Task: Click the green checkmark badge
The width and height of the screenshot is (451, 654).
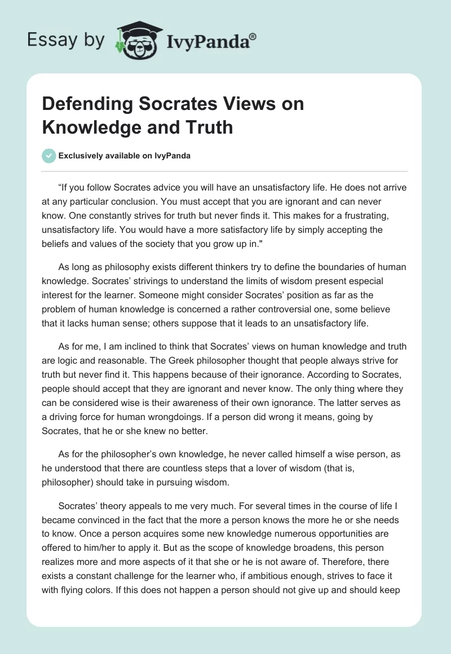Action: pyautogui.click(x=48, y=156)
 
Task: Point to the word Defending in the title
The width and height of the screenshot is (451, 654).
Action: pyautogui.click(x=83, y=104)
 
